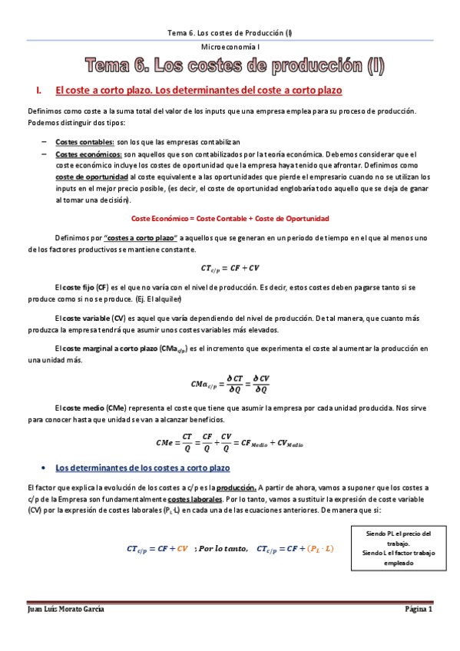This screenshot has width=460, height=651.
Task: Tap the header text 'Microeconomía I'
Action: click(230, 48)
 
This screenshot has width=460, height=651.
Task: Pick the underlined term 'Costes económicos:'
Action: click(89, 154)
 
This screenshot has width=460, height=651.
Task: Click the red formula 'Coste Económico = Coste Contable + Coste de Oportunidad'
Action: click(230, 218)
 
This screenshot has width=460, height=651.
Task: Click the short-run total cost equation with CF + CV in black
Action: click(230, 267)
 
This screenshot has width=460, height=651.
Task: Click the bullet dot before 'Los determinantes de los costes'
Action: click(48, 468)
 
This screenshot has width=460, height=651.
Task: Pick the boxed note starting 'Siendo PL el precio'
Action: click(398, 547)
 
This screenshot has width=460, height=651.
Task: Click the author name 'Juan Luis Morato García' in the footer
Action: click(67, 609)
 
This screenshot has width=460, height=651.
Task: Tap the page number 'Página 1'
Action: click(419, 609)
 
